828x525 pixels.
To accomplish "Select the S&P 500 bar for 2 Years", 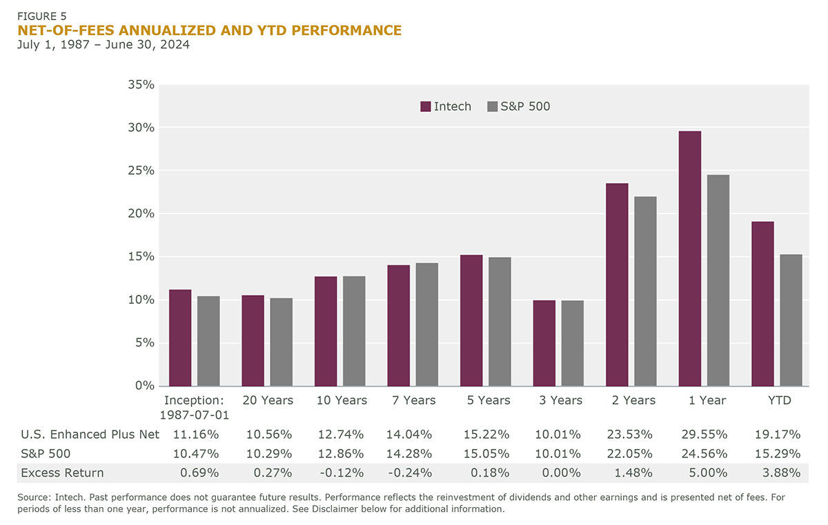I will [x=646, y=291].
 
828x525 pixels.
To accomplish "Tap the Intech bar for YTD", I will [x=762, y=304].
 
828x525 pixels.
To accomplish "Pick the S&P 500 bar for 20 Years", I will [x=282, y=342].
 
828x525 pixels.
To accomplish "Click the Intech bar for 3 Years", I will [x=544, y=343].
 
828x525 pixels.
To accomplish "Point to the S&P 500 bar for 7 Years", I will [x=427, y=324].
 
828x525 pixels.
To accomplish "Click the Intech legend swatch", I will [x=425, y=106].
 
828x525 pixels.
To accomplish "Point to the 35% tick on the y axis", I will [x=142, y=85].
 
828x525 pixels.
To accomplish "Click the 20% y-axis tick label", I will [x=142, y=213].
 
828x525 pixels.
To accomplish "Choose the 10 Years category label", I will [x=342, y=401].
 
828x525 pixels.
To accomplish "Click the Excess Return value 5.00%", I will [x=708, y=473].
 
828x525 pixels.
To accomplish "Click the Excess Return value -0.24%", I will [x=413, y=473].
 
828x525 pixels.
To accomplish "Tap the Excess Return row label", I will [x=62, y=473].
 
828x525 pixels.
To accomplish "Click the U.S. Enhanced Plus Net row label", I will [x=90, y=435].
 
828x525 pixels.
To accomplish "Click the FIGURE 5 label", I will [x=43, y=15].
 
